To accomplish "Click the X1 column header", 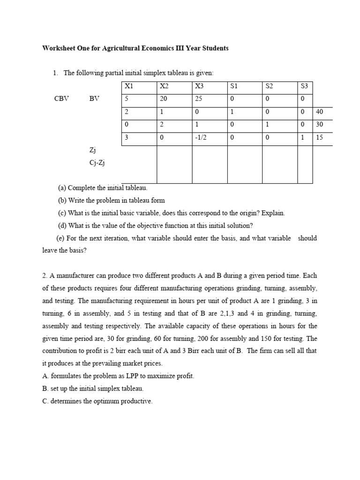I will (129, 86).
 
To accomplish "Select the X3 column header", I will (199, 86).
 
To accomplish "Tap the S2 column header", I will (269, 86).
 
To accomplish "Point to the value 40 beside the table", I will (320, 112).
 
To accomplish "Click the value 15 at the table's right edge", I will (320, 138).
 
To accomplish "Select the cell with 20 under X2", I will (164, 99).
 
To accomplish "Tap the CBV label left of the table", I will (62, 99).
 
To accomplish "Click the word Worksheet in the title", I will (59, 48).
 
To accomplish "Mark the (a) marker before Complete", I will (62, 188).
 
